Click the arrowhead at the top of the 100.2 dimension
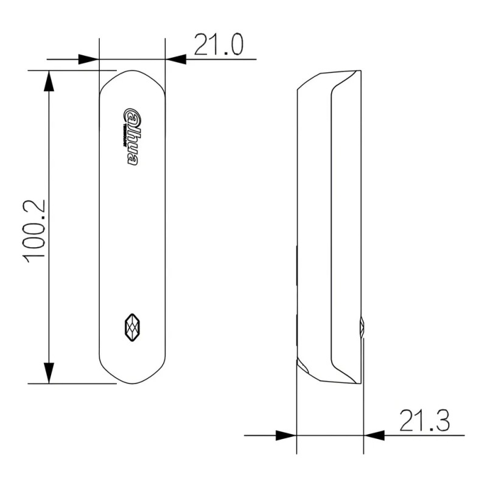pos(48,81)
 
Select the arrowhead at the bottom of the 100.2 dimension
pos(48,373)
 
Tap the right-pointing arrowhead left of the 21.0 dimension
pos(88,59)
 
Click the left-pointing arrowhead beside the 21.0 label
pos(177,59)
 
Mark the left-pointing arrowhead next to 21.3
pos(374,435)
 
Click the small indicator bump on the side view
pos(362,327)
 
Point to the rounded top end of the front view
pos(132,76)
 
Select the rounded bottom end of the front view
pos(132,377)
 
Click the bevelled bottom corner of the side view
pos(303,366)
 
